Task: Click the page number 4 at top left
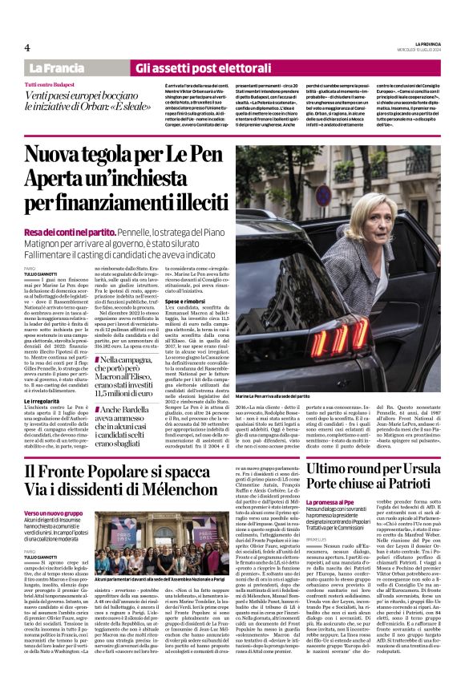point(26,47)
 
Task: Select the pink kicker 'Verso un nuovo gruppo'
point(53,513)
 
